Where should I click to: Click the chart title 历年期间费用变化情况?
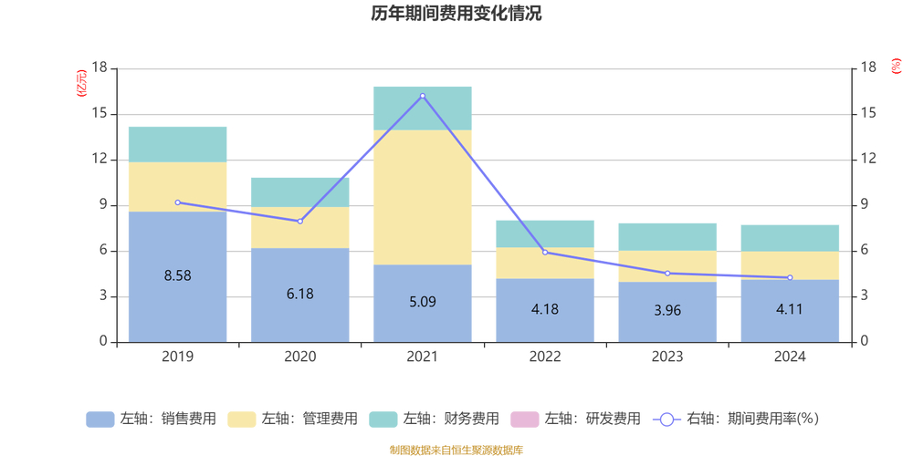[x=456, y=14]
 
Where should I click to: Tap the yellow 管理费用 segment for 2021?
[x=423, y=197]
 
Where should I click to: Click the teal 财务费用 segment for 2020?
[x=300, y=192]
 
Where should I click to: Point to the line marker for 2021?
[x=423, y=96]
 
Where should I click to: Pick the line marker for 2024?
[x=790, y=277]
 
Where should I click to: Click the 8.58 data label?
[x=177, y=275]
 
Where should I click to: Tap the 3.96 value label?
[x=667, y=309]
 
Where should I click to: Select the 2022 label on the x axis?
[x=545, y=357]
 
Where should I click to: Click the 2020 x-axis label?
[x=300, y=357]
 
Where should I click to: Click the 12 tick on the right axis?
[x=868, y=160]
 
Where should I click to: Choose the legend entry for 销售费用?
[x=152, y=420]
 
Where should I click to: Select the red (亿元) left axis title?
[x=82, y=83]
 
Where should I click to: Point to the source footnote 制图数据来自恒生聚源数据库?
[x=456, y=450]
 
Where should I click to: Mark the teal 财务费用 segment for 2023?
[x=667, y=237]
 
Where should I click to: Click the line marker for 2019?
[x=177, y=202]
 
